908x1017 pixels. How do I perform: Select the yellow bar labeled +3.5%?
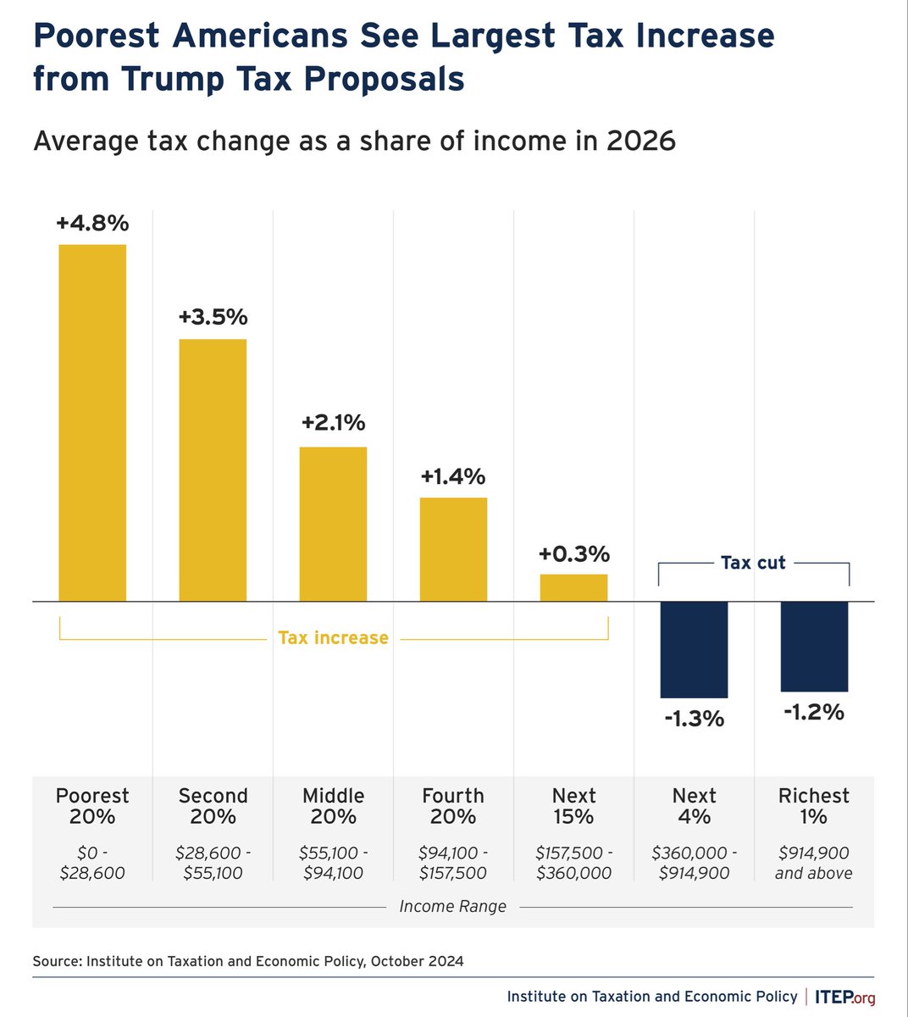tap(213, 470)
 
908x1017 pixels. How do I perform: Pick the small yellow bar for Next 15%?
tap(573, 587)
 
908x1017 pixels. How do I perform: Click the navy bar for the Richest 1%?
tap(814, 646)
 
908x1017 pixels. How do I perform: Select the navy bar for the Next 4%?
tap(694, 649)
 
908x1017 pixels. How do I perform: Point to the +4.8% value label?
tap(92, 223)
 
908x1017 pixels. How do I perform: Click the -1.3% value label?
tap(694, 719)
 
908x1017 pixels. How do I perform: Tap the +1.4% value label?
tap(453, 476)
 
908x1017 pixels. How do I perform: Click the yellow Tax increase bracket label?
tap(333, 637)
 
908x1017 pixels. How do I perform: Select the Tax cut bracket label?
tap(753, 563)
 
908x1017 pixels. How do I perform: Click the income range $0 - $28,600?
tap(92, 863)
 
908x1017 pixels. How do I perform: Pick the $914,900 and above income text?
tap(814, 863)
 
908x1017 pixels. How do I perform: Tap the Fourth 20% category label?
tap(453, 806)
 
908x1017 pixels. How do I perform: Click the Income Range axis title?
tap(452, 906)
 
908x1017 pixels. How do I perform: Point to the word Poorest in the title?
tap(95, 36)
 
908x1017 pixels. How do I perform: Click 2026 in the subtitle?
tap(640, 140)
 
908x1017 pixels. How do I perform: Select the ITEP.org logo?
tap(844, 997)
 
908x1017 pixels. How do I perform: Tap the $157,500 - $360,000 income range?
tap(573, 863)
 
